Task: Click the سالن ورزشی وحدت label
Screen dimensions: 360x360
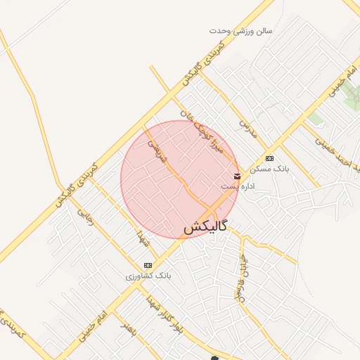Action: coord(240,31)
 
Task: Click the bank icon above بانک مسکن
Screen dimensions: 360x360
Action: coord(269,158)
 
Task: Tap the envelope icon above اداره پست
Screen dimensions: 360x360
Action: coord(237,175)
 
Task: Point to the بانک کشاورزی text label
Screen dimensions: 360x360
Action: coord(148,276)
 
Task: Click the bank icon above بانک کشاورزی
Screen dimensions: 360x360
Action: coord(148,265)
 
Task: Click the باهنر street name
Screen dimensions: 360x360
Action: coord(127,329)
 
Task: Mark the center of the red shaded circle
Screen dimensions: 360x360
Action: coord(179,179)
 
